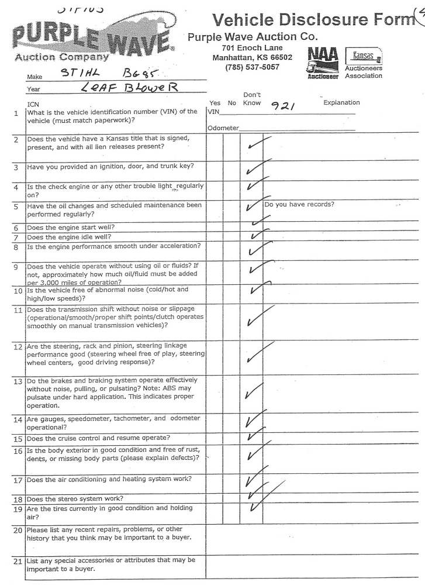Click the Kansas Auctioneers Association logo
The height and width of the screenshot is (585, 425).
[363, 63]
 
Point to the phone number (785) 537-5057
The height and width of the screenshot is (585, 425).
[252, 67]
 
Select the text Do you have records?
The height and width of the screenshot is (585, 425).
[299, 205]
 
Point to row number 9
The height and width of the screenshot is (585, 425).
[16, 267]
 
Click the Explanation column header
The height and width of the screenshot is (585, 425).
[341, 102]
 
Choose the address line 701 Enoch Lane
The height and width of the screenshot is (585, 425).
[252, 47]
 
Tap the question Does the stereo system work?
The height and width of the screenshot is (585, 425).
[75, 499]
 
